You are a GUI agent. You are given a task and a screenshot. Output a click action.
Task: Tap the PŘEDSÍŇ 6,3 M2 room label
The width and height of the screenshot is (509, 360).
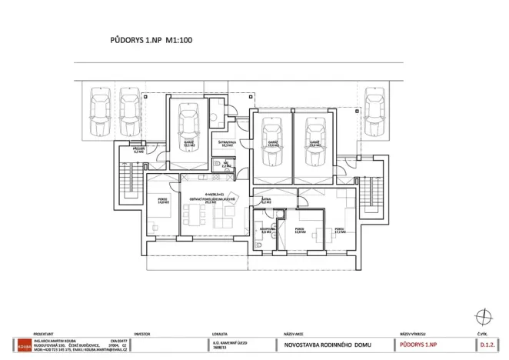(139, 151)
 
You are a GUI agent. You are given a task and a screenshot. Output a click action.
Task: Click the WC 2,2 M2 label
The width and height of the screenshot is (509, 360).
(216, 165)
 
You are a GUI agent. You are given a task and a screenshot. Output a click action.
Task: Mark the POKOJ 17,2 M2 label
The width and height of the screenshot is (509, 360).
(339, 229)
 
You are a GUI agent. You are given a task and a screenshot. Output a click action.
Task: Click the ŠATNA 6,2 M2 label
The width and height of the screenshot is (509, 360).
(265, 201)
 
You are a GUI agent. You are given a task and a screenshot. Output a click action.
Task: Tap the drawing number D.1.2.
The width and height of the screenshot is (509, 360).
(487, 345)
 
